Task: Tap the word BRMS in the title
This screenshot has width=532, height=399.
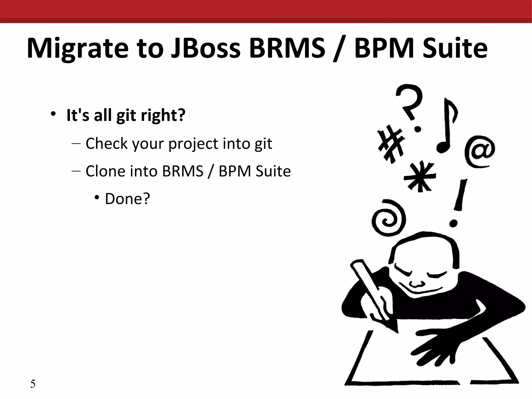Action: point(287,48)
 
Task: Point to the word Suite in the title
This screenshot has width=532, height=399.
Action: point(455,48)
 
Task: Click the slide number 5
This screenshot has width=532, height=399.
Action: point(33,384)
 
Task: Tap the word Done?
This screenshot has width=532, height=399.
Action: point(127,199)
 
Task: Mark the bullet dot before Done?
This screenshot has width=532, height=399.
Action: point(97,198)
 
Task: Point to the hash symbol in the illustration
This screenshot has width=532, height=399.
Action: point(391,143)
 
